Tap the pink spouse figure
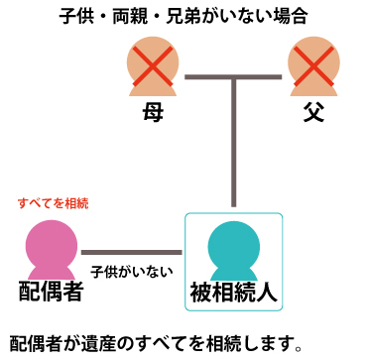tap(52, 250)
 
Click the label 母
tap(153, 113)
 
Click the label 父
tap(314, 113)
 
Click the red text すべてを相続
tap(53, 203)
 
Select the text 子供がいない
tap(132, 269)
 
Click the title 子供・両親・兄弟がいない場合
tap(183, 16)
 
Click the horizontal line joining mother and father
tap(234, 75)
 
